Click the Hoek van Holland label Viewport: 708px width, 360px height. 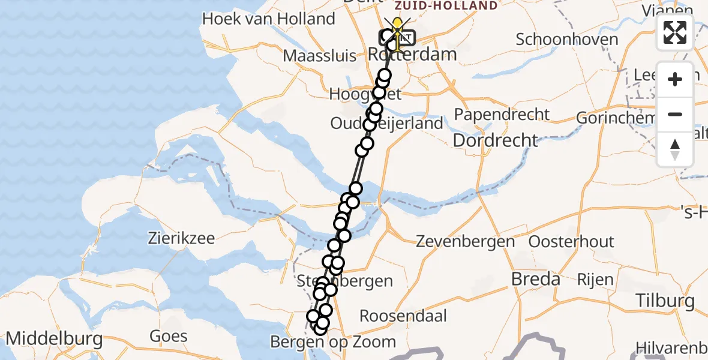(268, 19)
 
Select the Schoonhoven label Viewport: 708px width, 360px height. (567, 40)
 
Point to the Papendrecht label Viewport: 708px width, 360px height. (502, 115)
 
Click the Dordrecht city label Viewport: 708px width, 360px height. (495, 140)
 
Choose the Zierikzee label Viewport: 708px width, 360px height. (181, 238)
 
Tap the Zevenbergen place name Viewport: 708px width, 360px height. (466, 242)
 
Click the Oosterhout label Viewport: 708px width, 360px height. (571, 242)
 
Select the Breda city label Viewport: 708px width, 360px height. (535, 279)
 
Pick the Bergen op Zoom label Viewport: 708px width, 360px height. (333, 342)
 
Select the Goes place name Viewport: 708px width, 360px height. (169, 336)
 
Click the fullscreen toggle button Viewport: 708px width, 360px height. (675, 32)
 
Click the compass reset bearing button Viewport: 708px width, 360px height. (675, 149)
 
